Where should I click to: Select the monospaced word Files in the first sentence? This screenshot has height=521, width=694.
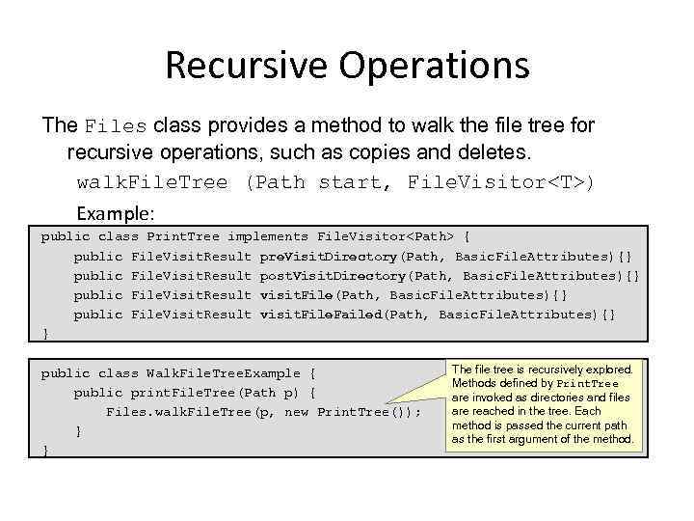[116, 126]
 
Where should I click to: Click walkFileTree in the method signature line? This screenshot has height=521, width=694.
[152, 182]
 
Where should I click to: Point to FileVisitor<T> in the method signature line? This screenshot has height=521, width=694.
[501, 182]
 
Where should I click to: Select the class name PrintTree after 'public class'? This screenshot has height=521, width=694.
[183, 236]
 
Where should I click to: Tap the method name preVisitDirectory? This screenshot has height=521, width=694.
[329, 256]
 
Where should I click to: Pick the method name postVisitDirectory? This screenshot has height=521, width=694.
[333, 275]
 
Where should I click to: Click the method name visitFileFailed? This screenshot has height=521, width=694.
[321, 315]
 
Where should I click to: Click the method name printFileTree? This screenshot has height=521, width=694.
[183, 393]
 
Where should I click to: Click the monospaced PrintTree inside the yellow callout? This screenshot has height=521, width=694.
[588, 384]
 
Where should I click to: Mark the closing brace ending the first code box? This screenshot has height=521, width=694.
[44, 334]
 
